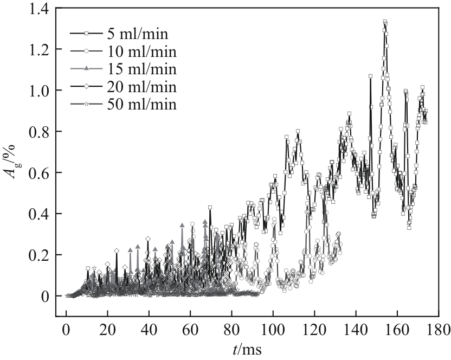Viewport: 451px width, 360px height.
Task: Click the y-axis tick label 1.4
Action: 37,9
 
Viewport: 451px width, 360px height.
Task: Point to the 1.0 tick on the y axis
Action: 37,91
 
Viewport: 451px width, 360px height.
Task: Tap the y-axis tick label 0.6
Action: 37,173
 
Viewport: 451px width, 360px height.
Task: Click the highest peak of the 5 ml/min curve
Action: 385,22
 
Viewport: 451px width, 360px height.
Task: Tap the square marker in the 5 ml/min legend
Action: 86,34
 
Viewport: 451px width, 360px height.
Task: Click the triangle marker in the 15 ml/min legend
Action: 86,69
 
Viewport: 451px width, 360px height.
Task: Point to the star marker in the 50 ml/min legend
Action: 86,105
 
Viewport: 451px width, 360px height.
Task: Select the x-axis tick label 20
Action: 107,329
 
